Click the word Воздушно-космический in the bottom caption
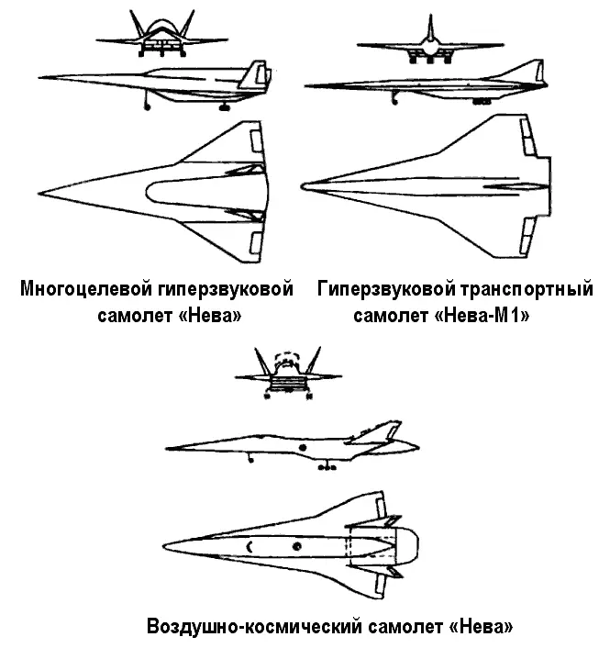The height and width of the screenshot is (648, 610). [253, 627]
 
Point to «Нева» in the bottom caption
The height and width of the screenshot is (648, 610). [481, 627]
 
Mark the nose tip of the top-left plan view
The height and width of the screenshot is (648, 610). [39, 193]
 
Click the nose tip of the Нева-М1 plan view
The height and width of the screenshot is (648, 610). [303, 187]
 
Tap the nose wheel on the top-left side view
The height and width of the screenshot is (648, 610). [147, 107]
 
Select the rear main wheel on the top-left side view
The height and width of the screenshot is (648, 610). [224, 107]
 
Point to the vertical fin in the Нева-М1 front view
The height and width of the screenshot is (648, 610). [431, 26]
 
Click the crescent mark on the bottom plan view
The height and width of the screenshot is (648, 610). [250, 547]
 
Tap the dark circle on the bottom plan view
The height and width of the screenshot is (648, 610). [296, 546]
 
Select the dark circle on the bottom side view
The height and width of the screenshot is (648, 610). [303, 448]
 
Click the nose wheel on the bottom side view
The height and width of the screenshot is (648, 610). [250, 460]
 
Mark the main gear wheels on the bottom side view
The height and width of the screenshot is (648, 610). [327, 467]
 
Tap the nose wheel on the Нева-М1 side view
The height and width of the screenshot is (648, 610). [394, 101]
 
